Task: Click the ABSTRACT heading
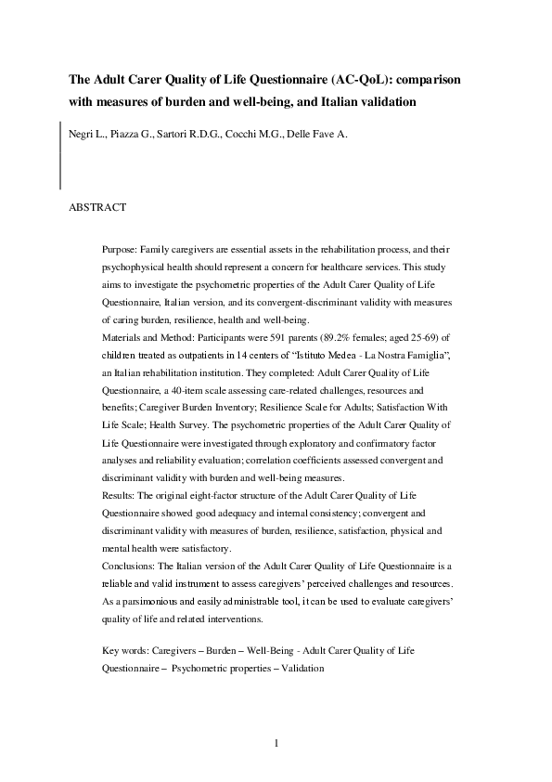(x=97, y=207)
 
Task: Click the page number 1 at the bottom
(x=276, y=742)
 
